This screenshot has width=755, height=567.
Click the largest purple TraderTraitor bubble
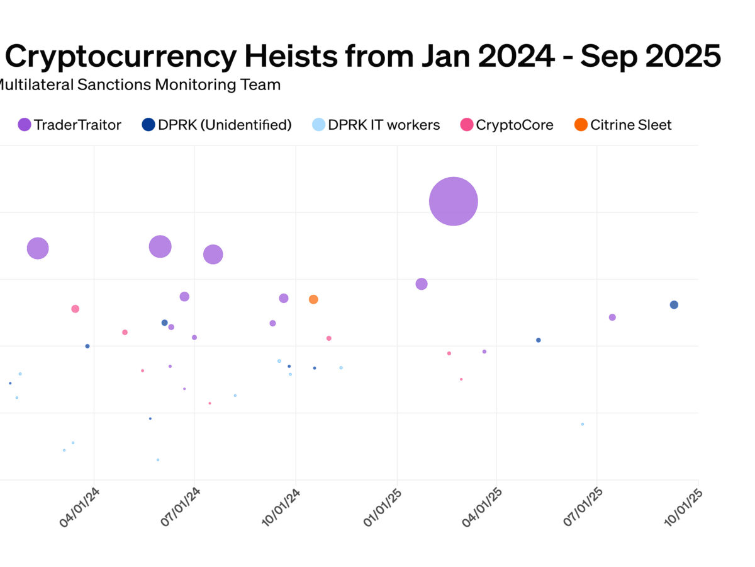click(x=454, y=202)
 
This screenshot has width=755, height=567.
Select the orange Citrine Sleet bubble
click(x=313, y=299)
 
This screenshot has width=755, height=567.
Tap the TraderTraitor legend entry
click(x=69, y=125)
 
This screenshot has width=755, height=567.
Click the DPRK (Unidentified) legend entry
click(x=217, y=125)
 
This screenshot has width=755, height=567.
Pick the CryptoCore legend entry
click(x=506, y=125)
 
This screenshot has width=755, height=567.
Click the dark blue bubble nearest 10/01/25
click(x=674, y=305)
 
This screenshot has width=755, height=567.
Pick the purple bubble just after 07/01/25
click(x=612, y=318)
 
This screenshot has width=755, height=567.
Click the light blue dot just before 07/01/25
click(x=582, y=424)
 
